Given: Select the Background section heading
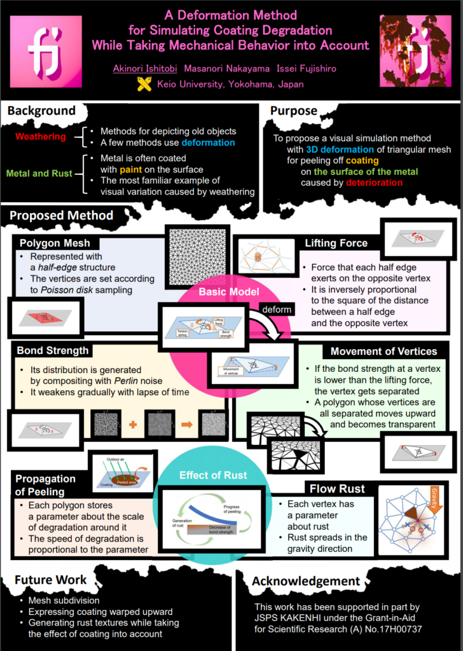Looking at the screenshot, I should click(x=41, y=111).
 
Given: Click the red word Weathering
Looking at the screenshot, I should click(x=40, y=137).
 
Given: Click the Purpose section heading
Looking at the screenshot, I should click(x=294, y=111).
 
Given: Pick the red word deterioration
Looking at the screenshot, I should click(x=375, y=182).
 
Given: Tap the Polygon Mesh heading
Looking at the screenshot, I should click(x=55, y=243).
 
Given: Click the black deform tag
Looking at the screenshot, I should click(x=276, y=309).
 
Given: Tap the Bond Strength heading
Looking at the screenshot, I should click(x=53, y=350).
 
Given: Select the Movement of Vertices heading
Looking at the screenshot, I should click(x=384, y=351).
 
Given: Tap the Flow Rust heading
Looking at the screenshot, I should click(x=337, y=489).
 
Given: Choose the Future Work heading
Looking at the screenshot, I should click(x=50, y=580).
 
